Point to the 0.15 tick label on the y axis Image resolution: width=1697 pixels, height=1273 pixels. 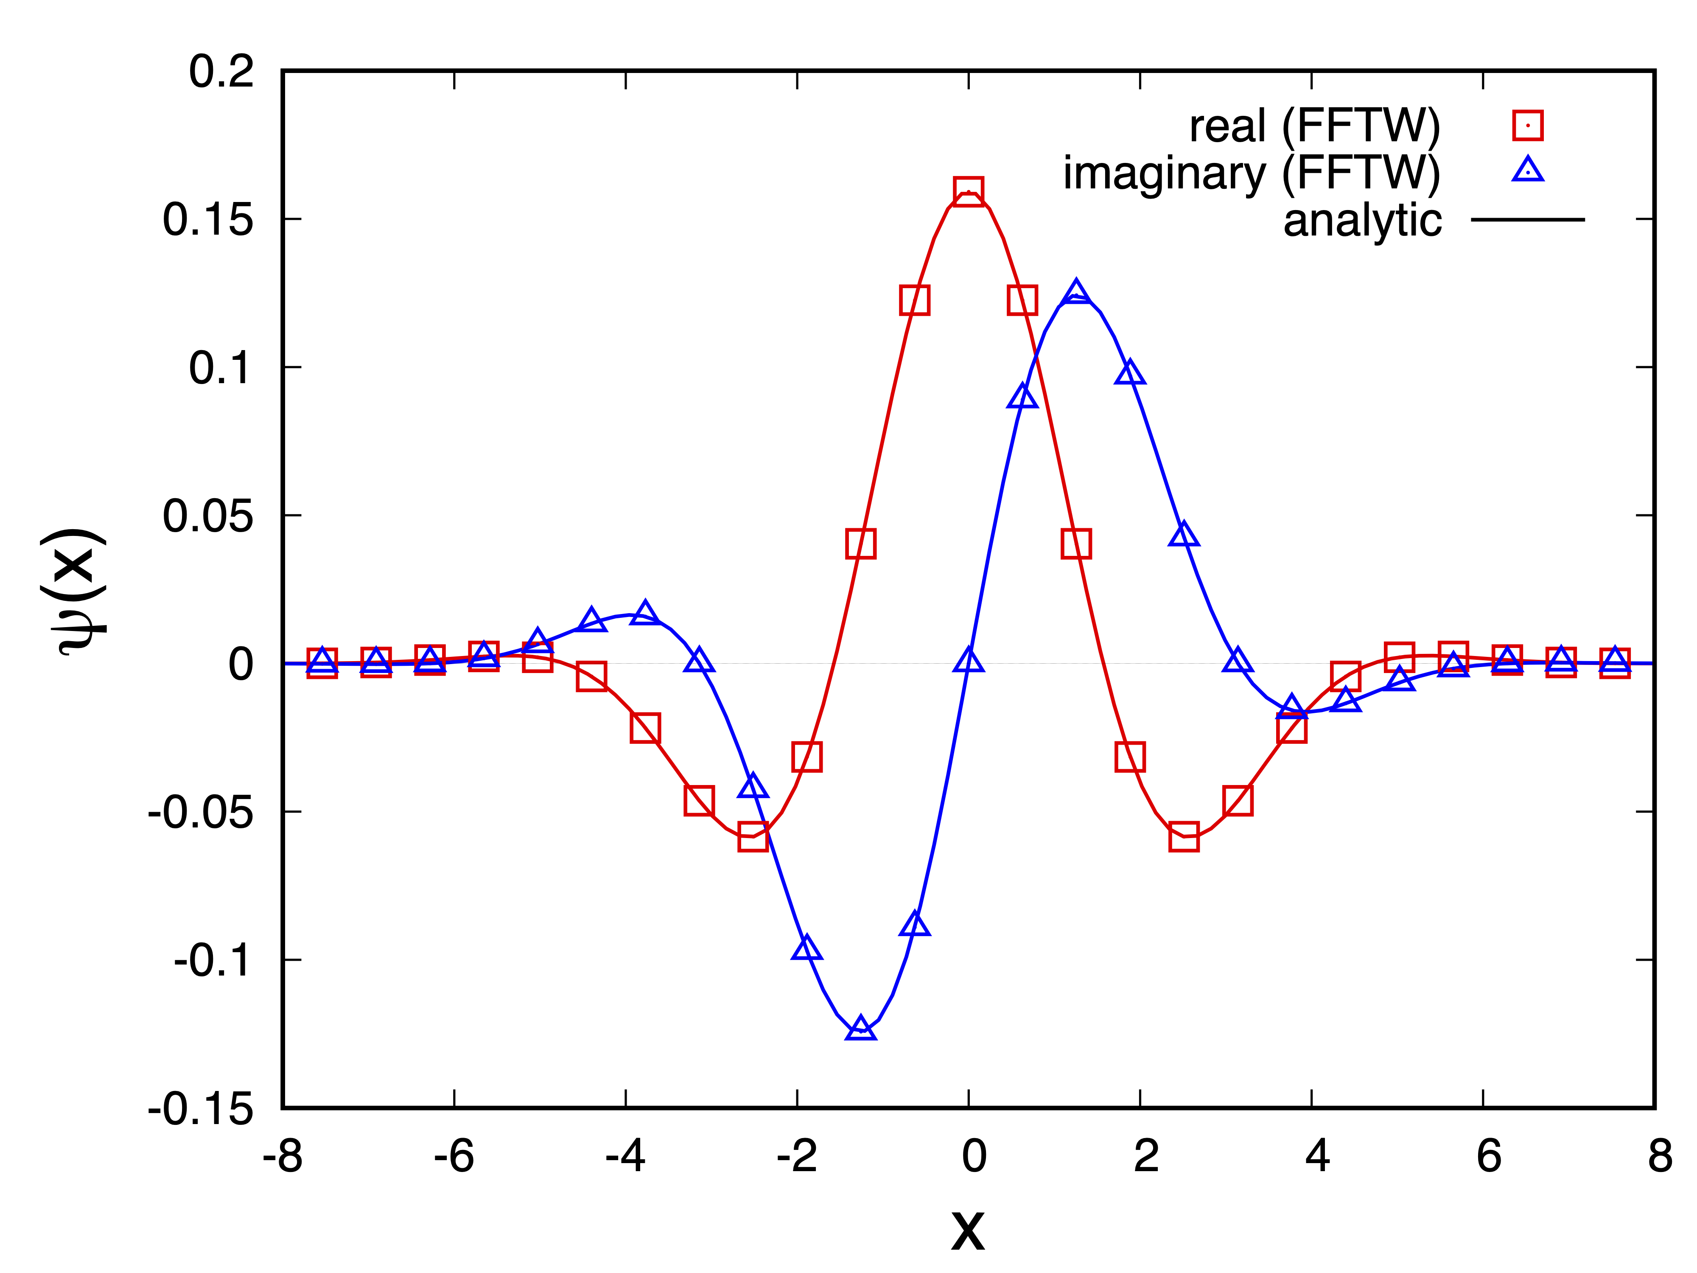207,219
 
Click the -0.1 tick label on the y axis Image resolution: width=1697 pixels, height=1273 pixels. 213,960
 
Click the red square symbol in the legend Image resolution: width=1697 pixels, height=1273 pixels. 1527,125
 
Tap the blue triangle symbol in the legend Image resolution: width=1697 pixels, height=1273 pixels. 1527,170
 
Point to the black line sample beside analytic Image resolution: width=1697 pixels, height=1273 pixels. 1527,219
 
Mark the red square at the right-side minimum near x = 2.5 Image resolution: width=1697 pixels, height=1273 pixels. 1184,838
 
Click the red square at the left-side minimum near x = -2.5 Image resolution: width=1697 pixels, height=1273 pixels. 753,838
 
